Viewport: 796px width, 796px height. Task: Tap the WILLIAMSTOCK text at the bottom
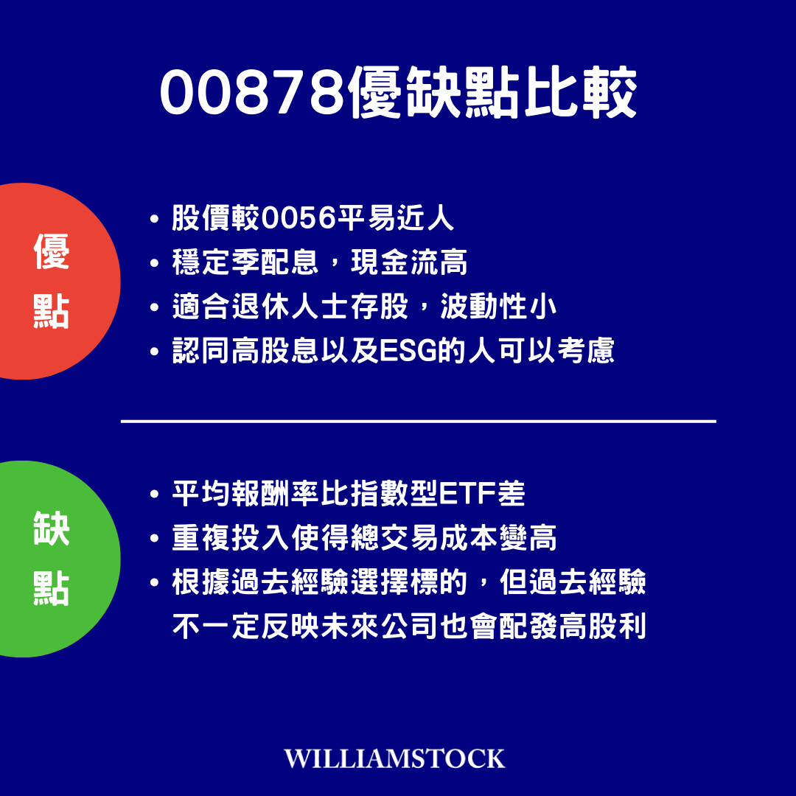395,758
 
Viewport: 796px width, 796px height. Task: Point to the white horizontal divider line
418,422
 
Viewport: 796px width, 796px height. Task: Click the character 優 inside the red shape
51,252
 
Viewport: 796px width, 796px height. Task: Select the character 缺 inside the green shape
51,530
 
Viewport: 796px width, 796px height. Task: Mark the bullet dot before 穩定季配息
154,264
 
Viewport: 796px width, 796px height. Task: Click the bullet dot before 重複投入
154,540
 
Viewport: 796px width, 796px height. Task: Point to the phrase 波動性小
498,307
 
